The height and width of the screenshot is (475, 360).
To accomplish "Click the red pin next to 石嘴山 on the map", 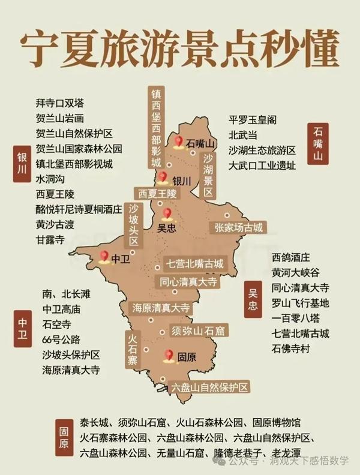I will (x=178, y=142).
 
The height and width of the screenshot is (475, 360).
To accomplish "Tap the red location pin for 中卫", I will (x=103, y=256).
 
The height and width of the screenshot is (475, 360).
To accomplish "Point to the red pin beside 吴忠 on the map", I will (x=167, y=213).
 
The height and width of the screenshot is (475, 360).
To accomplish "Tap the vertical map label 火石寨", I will (x=133, y=350).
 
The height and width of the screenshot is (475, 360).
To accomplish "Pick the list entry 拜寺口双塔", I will (x=59, y=103).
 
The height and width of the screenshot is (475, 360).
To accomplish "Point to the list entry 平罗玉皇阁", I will (x=252, y=119).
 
